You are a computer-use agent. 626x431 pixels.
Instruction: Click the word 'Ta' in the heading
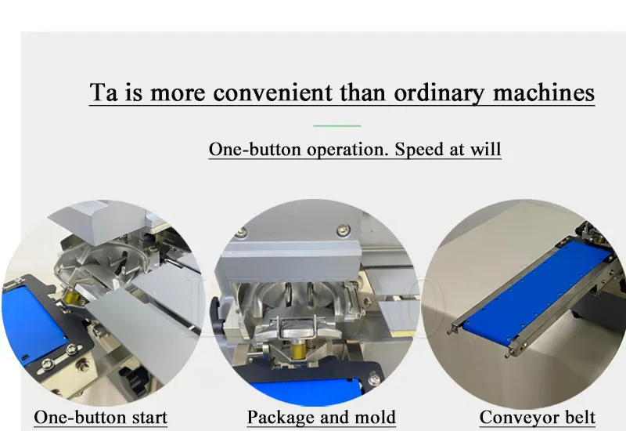click(x=104, y=92)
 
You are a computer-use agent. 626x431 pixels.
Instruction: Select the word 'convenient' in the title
click(x=272, y=92)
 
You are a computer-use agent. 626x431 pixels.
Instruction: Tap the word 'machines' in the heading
click(x=544, y=92)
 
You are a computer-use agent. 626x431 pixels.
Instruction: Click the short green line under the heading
click(x=337, y=125)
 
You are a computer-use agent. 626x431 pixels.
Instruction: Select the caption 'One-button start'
click(x=101, y=418)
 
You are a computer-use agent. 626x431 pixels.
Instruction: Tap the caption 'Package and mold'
click(x=322, y=418)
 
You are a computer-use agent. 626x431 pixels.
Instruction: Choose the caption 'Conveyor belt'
click(x=538, y=418)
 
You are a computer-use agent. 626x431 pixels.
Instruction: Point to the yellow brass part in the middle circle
click(x=299, y=350)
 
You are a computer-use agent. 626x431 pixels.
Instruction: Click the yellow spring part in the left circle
click(x=72, y=297)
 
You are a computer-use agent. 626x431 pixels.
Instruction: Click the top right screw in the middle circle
click(x=343, y=230)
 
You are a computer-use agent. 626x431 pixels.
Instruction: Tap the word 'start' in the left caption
click(x=149, y=418)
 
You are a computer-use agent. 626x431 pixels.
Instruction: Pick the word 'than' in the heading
click(x=363, y=92)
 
